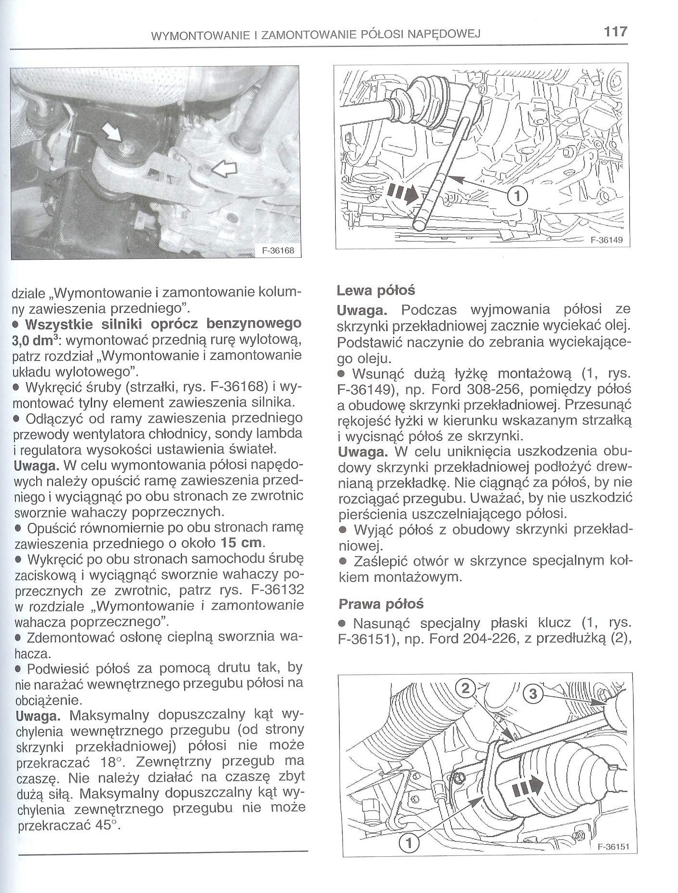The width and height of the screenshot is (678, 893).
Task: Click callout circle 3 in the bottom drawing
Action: coord(532,694)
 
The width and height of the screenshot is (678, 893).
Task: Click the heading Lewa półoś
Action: coord(376,291)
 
